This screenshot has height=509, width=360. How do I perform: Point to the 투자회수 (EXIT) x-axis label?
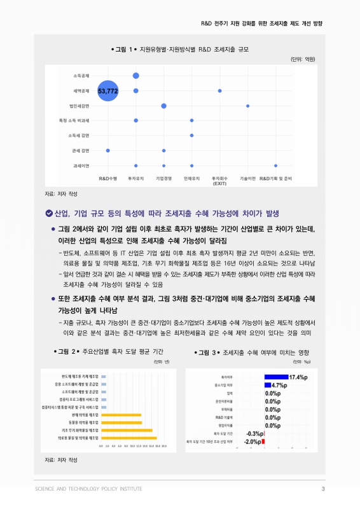tap(219, 181)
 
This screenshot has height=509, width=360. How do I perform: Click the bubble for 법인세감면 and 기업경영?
tap(164, 106)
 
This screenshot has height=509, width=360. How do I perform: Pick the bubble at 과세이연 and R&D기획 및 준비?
tap(275, 165)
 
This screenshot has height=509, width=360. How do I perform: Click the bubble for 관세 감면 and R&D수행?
tap(108, 151)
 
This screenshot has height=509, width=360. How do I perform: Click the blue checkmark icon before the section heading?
tap(48, 213)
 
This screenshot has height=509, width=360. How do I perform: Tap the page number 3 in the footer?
tap(323, 489)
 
